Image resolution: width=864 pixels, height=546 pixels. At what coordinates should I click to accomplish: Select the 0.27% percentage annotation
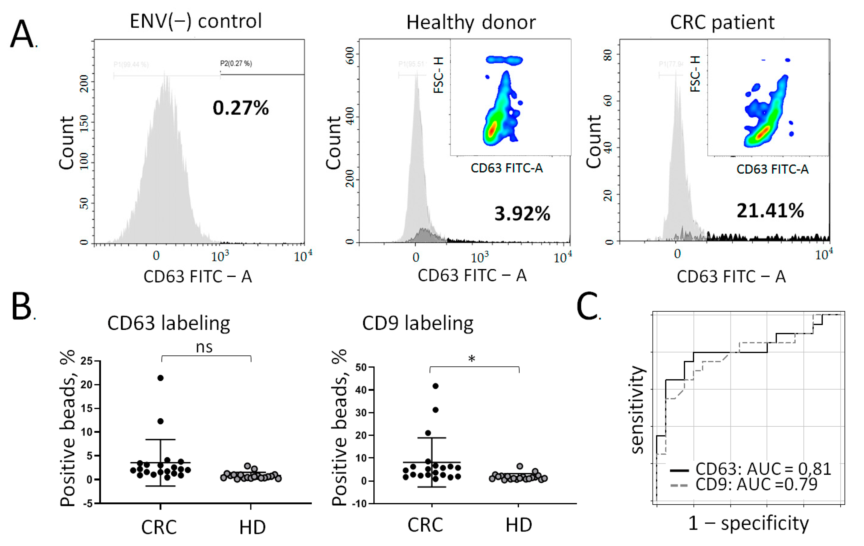[240, 108]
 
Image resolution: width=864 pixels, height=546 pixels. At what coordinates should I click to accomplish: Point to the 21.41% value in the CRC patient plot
[770, 211]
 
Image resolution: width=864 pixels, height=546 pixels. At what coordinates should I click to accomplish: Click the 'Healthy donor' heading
[471, 23]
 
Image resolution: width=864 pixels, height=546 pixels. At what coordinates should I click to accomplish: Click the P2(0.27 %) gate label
[236, 64]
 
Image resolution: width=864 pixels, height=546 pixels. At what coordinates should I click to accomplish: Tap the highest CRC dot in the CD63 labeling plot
[160, 378]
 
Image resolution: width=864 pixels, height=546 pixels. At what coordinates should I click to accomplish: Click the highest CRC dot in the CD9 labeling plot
[436, 386]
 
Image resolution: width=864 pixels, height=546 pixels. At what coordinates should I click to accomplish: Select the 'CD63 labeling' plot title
[169, 323]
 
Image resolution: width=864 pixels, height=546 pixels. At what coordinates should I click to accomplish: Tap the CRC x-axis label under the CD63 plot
[159, 527]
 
